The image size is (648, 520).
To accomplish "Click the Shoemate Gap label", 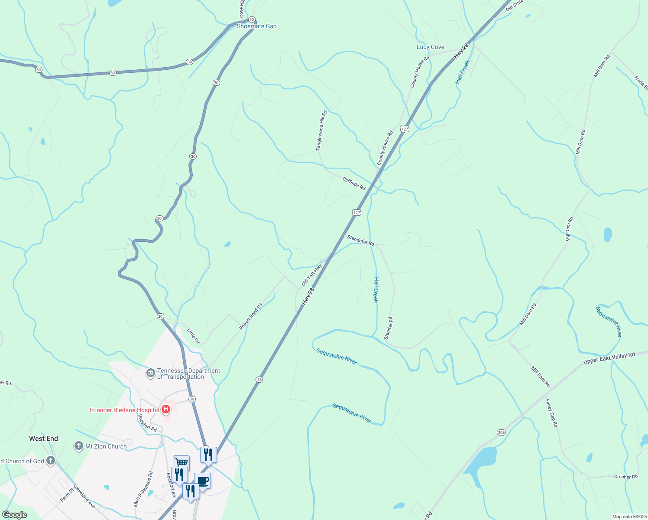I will click(x=256, y=26).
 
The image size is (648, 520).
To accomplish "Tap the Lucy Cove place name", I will click(x=430, y=47).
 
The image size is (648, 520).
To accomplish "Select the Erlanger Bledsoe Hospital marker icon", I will click(x=165, y=409).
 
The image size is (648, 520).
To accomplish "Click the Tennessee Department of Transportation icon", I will click(x=150, y=373).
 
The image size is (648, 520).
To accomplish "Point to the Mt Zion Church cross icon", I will click(x=78, y=446).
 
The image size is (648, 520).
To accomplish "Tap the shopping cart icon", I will click(x=181, y=462).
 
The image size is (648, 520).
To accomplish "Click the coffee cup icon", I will click(x=202, y=481).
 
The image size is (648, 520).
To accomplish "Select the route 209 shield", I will click(x=501, y=432).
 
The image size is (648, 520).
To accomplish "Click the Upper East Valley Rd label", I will click(x=609, y=358).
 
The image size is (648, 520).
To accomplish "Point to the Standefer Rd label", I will click(x=360, y=240).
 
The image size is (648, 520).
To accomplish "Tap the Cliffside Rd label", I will click(x=354, y=184).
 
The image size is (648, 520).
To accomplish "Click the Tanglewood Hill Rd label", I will click(x=322, y=130).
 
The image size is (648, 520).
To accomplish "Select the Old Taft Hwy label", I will click(x=312, y=274).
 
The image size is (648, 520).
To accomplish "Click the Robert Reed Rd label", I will click(x=251, y=317).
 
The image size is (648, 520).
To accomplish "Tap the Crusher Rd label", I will click(x=625, y=477).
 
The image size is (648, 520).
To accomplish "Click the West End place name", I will click(x=43, y=439).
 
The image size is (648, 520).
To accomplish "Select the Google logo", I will click(x=15, y=515).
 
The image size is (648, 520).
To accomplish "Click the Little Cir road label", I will click(x=194, y=336).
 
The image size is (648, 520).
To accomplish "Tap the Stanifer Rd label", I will click(x=388, y=328).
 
